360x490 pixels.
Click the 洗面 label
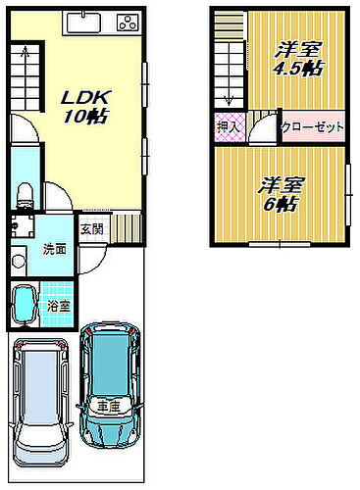click(54, 248)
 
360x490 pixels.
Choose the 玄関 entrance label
click(91, 229)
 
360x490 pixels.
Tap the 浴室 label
click(59, 306)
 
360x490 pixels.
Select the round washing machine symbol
click(18, 263)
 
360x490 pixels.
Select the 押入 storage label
click(225, 126)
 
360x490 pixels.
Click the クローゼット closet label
click(311, 127)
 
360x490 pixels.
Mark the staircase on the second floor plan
click(229, 59)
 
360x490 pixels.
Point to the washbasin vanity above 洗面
click(22, 227)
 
